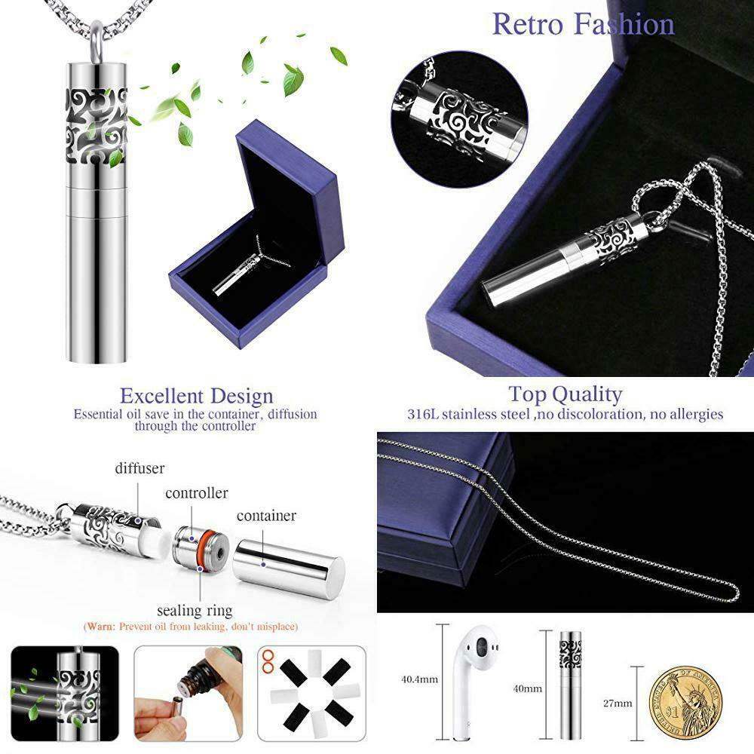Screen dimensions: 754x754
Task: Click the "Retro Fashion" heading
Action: (584, 24)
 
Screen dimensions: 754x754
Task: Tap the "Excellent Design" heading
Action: (197, 396)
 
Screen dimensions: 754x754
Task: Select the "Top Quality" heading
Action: (565, 394)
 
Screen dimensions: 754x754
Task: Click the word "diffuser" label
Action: (139, 468)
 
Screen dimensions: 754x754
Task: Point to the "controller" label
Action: (196, 493)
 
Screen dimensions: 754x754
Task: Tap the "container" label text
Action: (266, 516)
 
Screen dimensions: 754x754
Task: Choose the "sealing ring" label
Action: (195, 610)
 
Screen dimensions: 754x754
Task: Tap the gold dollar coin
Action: (685, 703)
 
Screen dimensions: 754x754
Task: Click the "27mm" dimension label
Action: (618, 703)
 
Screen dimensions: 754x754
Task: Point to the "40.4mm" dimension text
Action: (419, 679)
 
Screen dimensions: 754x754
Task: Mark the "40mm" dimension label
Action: (528, 688)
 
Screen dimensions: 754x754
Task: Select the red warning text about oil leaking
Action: (191, 627)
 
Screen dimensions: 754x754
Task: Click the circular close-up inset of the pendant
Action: (459, 119)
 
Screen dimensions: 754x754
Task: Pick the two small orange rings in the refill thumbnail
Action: (268, 662)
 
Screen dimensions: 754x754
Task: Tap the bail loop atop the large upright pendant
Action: (97, 42)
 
